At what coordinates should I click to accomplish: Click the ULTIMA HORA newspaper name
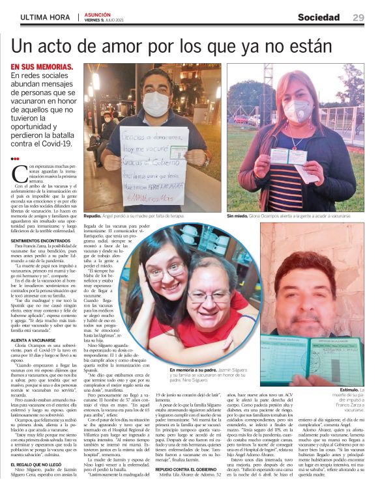pos(46,18)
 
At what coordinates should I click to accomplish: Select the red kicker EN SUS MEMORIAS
pos(42,67)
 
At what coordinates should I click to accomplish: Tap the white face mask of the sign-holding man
pos(155,103)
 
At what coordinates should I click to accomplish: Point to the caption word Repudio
pos(93,215)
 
